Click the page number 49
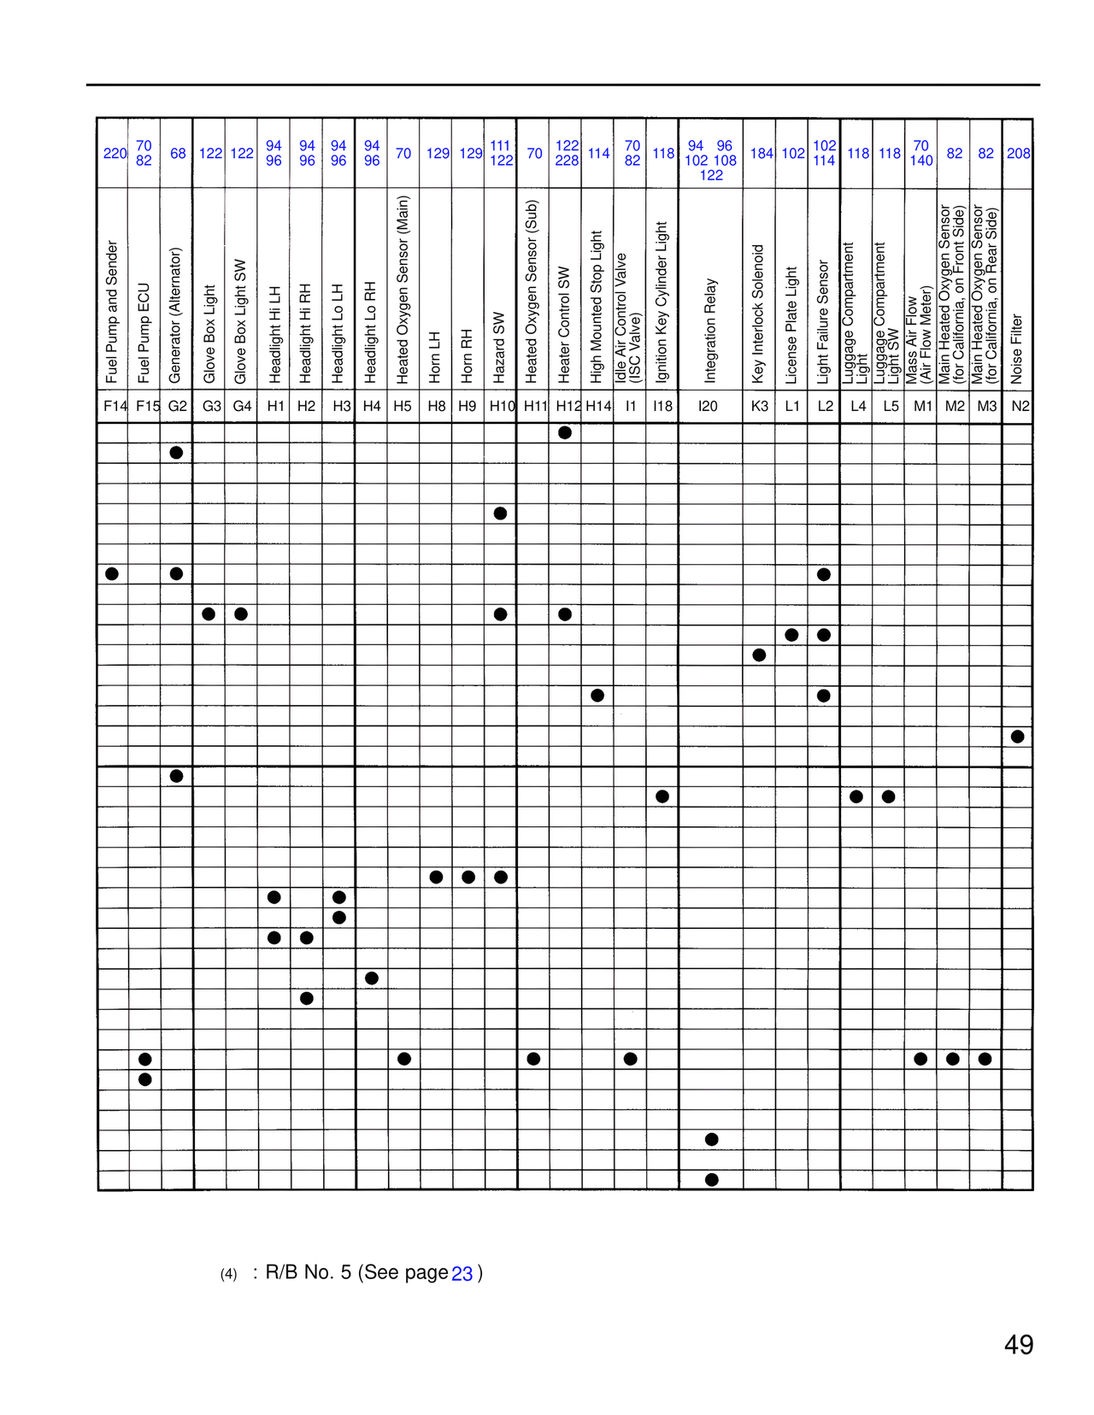(1018, 1345)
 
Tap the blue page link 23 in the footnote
(462, 1274)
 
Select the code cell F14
(115, 407)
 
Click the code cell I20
(709, 407)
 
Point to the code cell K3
(759, 407)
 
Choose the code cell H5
(403, 407)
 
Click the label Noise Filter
(1016, 349)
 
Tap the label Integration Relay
(711, 330)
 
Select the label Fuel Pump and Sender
(112, 312)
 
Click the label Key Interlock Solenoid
(757, 314)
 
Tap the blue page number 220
(115, 154)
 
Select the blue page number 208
(1018, 154)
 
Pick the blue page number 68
(178, 154)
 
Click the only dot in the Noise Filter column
(1017, 737)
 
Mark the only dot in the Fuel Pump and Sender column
(112, 573)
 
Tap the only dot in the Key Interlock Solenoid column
(759, 655)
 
